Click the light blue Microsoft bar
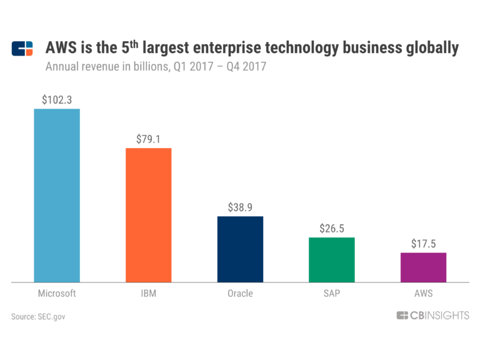coord(57,196)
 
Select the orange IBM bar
coord(148,215)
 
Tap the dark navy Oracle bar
coord(240,249)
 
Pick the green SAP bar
coord(331,260)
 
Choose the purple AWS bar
coord(423,267)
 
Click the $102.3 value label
coord(57,99)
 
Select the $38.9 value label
coord(240,207)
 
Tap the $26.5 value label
coord(331,228)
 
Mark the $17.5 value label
coord(423,243)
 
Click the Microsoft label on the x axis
coord(57,293)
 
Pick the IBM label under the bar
coord(148,293)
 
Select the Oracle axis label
coord(240,293)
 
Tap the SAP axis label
coord(331,293)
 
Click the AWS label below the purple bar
coord(423,293)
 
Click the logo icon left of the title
coord(22,49)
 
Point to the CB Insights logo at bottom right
coord(432,316)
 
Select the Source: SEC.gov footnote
coord(38,317)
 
